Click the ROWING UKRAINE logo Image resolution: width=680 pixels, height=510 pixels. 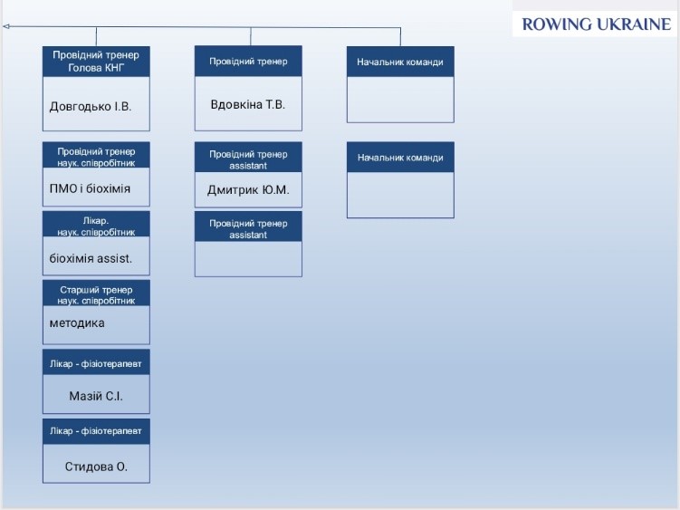point(597,24)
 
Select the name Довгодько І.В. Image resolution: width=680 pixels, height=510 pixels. point(91,106)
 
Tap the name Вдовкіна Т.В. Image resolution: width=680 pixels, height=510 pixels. point(247,104)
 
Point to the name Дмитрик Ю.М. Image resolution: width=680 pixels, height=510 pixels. point(248,189)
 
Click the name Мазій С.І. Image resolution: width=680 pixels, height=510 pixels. point(96,396)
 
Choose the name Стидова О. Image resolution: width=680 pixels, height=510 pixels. point(96,467)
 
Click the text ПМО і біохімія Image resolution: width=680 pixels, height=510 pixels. point(90,188)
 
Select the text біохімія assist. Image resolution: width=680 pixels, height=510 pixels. point(91,259)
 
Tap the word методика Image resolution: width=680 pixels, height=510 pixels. point(77,322)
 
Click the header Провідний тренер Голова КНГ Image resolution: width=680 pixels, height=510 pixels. point(96,62)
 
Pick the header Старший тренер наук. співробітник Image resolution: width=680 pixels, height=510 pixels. point(96,295)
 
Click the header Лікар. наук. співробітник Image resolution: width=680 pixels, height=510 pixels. point(96,226)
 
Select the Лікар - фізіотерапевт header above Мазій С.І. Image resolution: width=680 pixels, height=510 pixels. point(96,364)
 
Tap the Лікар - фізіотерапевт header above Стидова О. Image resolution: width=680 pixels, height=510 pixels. point(96,431)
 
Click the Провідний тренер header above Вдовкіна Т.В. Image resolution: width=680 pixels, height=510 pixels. point(248,62)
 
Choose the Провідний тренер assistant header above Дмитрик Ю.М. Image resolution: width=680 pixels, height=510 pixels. point(248,159)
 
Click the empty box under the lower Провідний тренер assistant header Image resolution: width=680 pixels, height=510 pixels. point(248,259)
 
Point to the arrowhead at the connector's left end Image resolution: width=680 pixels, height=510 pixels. point(5,26)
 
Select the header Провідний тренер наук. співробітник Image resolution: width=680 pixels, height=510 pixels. point(96,157)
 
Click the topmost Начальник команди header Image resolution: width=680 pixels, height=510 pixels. point(400,62)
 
